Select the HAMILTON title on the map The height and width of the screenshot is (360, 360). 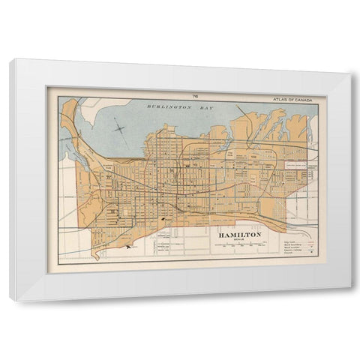coord(240,235)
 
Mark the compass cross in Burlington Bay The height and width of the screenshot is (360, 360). coord(120,129)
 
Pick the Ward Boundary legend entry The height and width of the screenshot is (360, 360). coord(292,245)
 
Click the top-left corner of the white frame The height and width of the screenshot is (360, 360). coord(11,60)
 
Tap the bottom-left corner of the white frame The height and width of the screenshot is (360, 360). coord(11,301)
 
